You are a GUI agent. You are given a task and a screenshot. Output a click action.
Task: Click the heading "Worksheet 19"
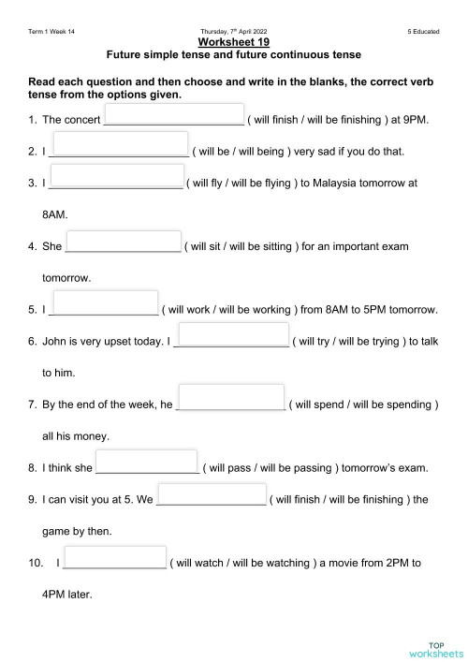pyautogui.click(x=234, y=42)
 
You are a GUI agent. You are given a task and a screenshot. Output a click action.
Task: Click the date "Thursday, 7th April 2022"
pyautogui.click(x=234, y=32)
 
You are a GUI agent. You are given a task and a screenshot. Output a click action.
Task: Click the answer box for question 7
pyautogui.click(x=230, y=397)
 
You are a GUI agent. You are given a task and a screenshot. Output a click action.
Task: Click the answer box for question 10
pyautogui.click(x=115, y=558)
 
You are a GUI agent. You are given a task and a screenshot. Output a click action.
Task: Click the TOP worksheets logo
pyautogui.click(x=436, y=649)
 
